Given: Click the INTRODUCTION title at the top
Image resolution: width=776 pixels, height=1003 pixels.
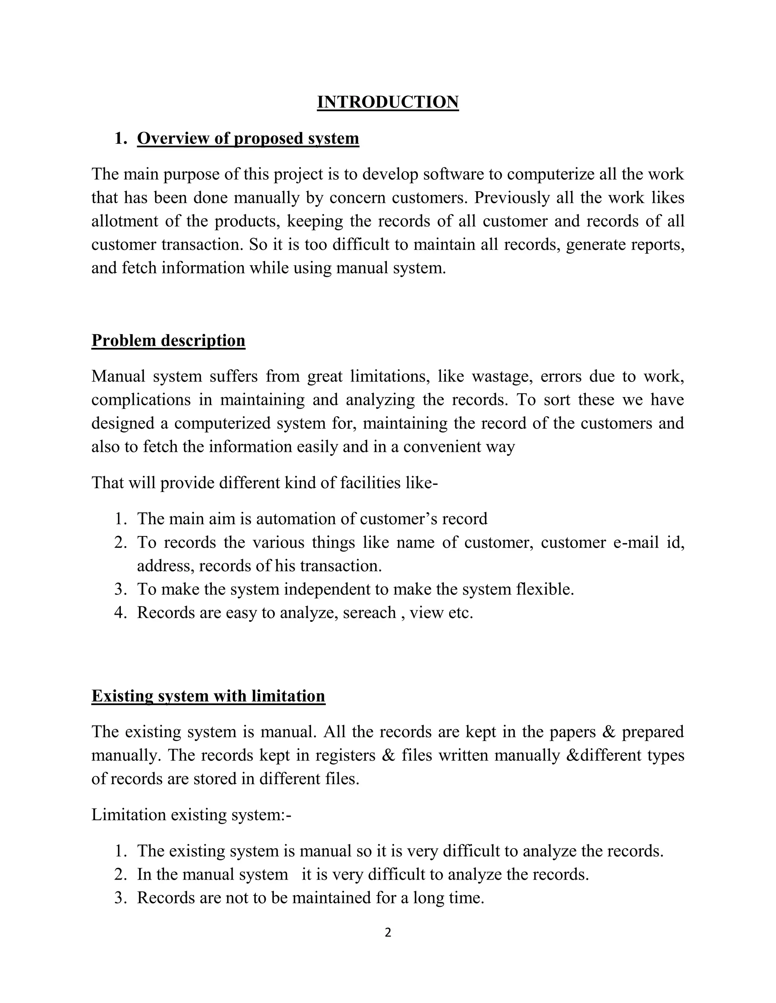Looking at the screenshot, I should pos(388,102).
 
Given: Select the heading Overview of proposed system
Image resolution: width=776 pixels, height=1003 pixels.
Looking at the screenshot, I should pos(248,138).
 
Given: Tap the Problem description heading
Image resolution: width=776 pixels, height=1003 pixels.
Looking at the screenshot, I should pos(168,340).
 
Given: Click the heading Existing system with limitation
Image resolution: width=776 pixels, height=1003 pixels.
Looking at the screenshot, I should pos(208,696).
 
